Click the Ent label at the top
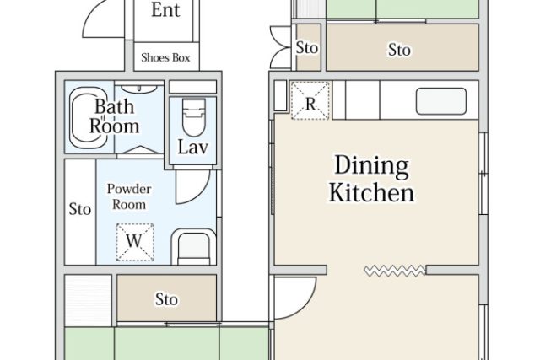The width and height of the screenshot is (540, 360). pos(165,9)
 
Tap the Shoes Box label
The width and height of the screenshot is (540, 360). pos(165,57)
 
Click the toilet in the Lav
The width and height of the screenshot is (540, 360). pos(193,118)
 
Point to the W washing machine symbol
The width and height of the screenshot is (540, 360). pos(135,242)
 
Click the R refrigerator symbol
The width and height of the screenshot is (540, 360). pos(310,100)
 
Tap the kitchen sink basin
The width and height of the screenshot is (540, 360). pos(441,101)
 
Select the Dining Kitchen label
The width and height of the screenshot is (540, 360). pos(371,179)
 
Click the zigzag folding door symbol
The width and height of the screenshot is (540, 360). pos(395,271)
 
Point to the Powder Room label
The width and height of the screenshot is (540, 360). pos(129,196)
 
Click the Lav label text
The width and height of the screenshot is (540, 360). pos(193,148)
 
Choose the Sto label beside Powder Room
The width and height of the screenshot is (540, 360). pos(80,209)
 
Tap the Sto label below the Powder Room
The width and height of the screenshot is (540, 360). pos(166,299)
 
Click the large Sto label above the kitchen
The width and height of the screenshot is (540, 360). pos(399,50)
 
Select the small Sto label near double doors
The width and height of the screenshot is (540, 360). pos(307,48)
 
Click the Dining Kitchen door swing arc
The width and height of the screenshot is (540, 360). pos(306,306)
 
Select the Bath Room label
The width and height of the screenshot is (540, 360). pos(115,116)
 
